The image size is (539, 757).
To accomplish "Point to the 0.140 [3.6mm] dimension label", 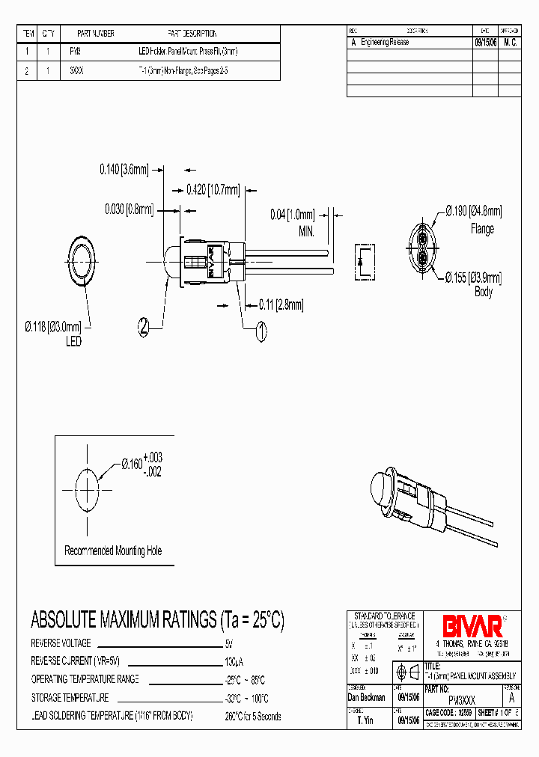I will pyautogui.click(x=124, y=169).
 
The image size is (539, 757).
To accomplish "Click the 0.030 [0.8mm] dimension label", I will pyautogui.click(x=129, y=209).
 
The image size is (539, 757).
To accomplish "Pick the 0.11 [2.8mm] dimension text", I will pyautogui.click(x=281, y=304).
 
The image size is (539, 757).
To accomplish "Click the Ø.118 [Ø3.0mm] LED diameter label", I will pyautogui.click(x=54, y=326).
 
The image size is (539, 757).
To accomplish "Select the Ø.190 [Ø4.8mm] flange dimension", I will pyautogui.click(x=474, y=211).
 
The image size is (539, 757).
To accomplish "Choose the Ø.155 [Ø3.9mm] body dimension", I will pyautogui.click(x=473, y=278).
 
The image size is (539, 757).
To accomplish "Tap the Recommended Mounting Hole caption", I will pyautogui.click(x=113, y=551).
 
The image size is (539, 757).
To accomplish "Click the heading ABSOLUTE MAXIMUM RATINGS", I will pyautogui.click(x=157, y=620).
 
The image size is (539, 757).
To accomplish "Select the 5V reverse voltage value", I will pyautogui.click(x=228, y=643).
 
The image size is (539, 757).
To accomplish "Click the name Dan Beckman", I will pyautogui.click(x=367, y=697).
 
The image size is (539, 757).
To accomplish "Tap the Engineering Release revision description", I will pyautogui.click(x=385, y=43).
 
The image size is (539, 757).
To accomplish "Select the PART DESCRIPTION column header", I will pyautogui.click(x=192, y=34).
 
